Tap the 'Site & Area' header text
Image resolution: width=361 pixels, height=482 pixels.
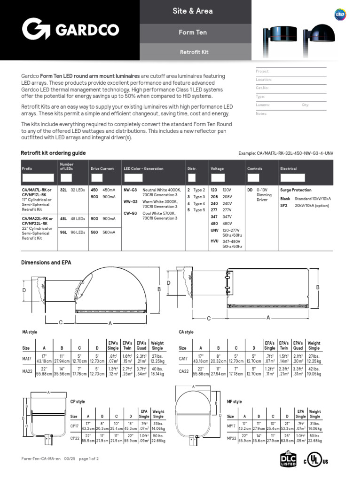coord(193,11)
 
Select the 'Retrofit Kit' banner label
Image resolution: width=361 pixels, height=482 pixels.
coord(194,52)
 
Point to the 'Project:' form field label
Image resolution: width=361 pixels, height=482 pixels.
coord(262,72)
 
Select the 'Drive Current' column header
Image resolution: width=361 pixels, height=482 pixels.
coord(102,169)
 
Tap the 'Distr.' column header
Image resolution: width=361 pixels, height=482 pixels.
coord(191,169)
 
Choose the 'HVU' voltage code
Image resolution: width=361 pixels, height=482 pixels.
coord(214,241)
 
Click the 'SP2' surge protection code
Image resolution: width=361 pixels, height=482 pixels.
coord(284,206)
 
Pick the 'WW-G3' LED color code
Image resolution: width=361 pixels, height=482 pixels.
coord(130,201)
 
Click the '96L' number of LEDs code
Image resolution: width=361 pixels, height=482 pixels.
coord(63,232)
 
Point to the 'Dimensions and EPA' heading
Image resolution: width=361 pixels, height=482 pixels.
coord(46,262)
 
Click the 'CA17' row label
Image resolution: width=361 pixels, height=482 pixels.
coord(184,358)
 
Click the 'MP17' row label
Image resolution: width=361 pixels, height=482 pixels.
coord(231,426)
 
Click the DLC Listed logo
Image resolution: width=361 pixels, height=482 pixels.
coord(288,459)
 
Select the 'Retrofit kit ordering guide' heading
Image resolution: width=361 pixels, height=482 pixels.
coord(53,153)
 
